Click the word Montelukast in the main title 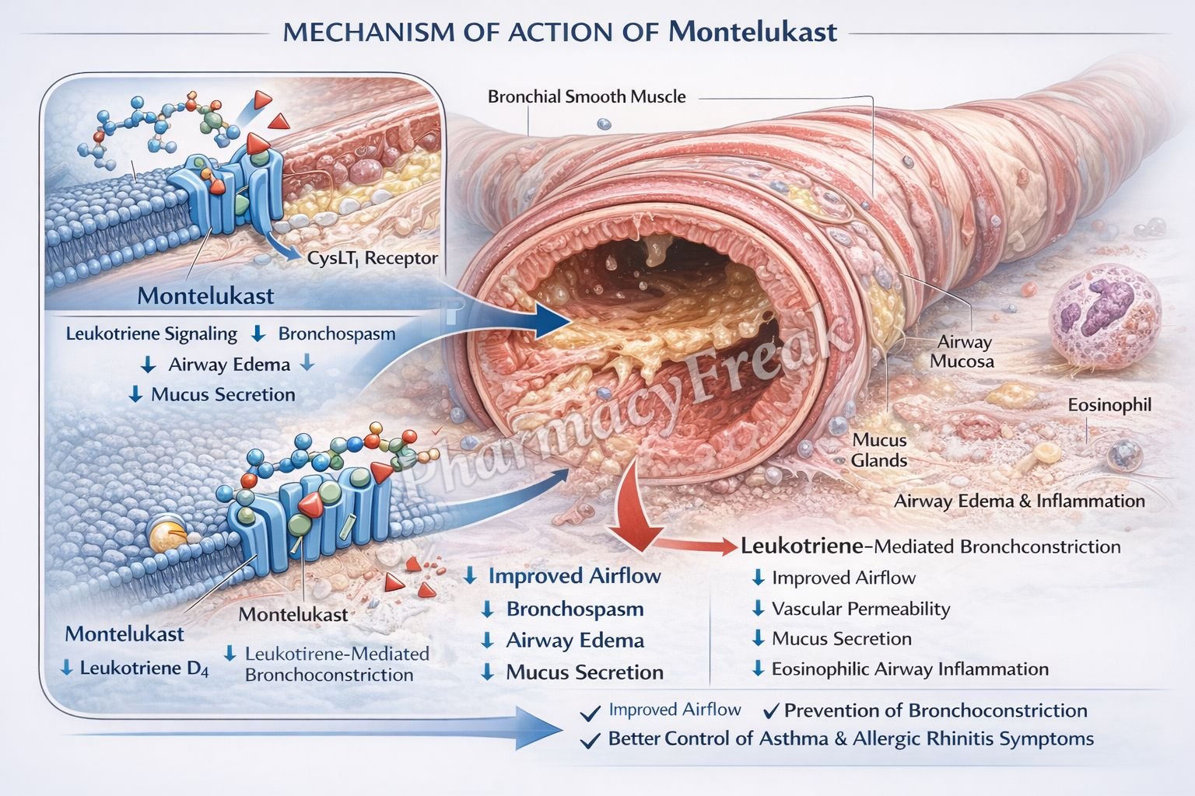tap(752, 31)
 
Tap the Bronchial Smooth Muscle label tap(587, 97)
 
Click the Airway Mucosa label tap(963, 351)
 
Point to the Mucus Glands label tap(879, 450)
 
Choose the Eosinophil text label tap(1109, 405)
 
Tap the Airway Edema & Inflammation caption tap(1019, 501)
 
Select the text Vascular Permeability tap(860, 609)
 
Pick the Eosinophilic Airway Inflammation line tap(909, 669)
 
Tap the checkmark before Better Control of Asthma tap(591, 739)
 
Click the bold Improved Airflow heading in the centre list tap(574, 576)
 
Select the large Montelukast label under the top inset tap(205, 296)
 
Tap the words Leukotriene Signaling tap(151, 334)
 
